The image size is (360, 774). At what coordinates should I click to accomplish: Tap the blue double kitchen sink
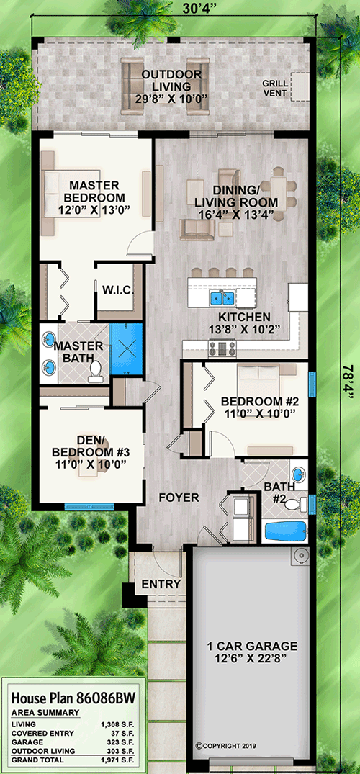point(222,297)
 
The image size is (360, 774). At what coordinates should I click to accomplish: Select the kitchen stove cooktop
point(222,348)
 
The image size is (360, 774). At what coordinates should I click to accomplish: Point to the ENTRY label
point(161,584)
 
